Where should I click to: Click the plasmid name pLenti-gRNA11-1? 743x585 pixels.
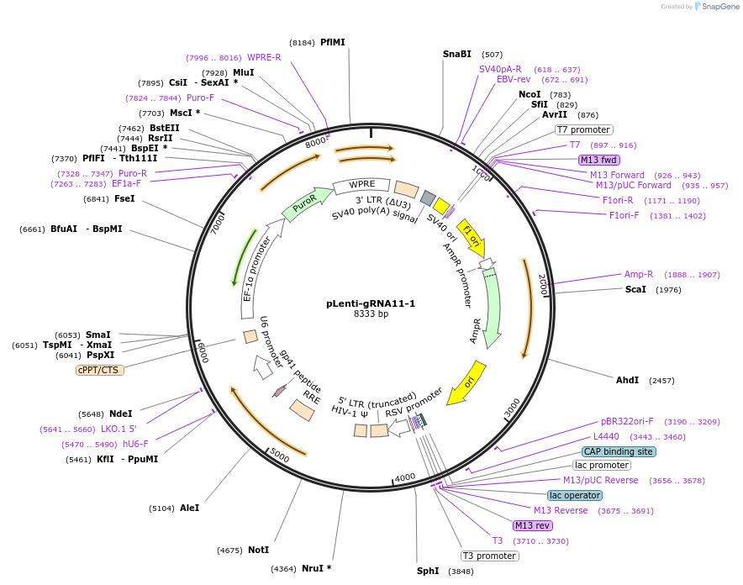pyautogui.click(x=371, y=303)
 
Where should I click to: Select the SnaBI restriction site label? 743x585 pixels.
pyautogui.click(x=457, y=54)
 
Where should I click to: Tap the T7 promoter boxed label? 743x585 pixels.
pyautogui.click(x=584, y=129)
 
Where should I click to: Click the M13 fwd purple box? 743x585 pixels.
pyautogui.click(x=598, y=160)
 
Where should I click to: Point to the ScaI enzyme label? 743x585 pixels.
pyautogui.click(x=635, y=289)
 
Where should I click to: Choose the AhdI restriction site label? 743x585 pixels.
pyautogui.click(x=627, y=380)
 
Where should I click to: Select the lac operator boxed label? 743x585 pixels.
pyautogui.click(x=567, y=495)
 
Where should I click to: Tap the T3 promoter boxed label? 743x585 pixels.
pyautogui.click(x=489, y=556)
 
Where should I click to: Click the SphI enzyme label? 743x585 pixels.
pyautogui.click(x=428, y=571)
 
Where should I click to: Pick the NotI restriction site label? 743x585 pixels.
pyautogui.click(x=258, y=550)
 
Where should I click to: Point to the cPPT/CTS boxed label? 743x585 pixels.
pyautogui.click(x=99, y=370)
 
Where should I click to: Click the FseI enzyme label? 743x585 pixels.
pyautogui.click(x=124, y=199)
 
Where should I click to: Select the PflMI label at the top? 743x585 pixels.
pyautogui.click(x=332, y=42)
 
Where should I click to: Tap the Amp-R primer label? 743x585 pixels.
pyautogui.click(x=638, y=274)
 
